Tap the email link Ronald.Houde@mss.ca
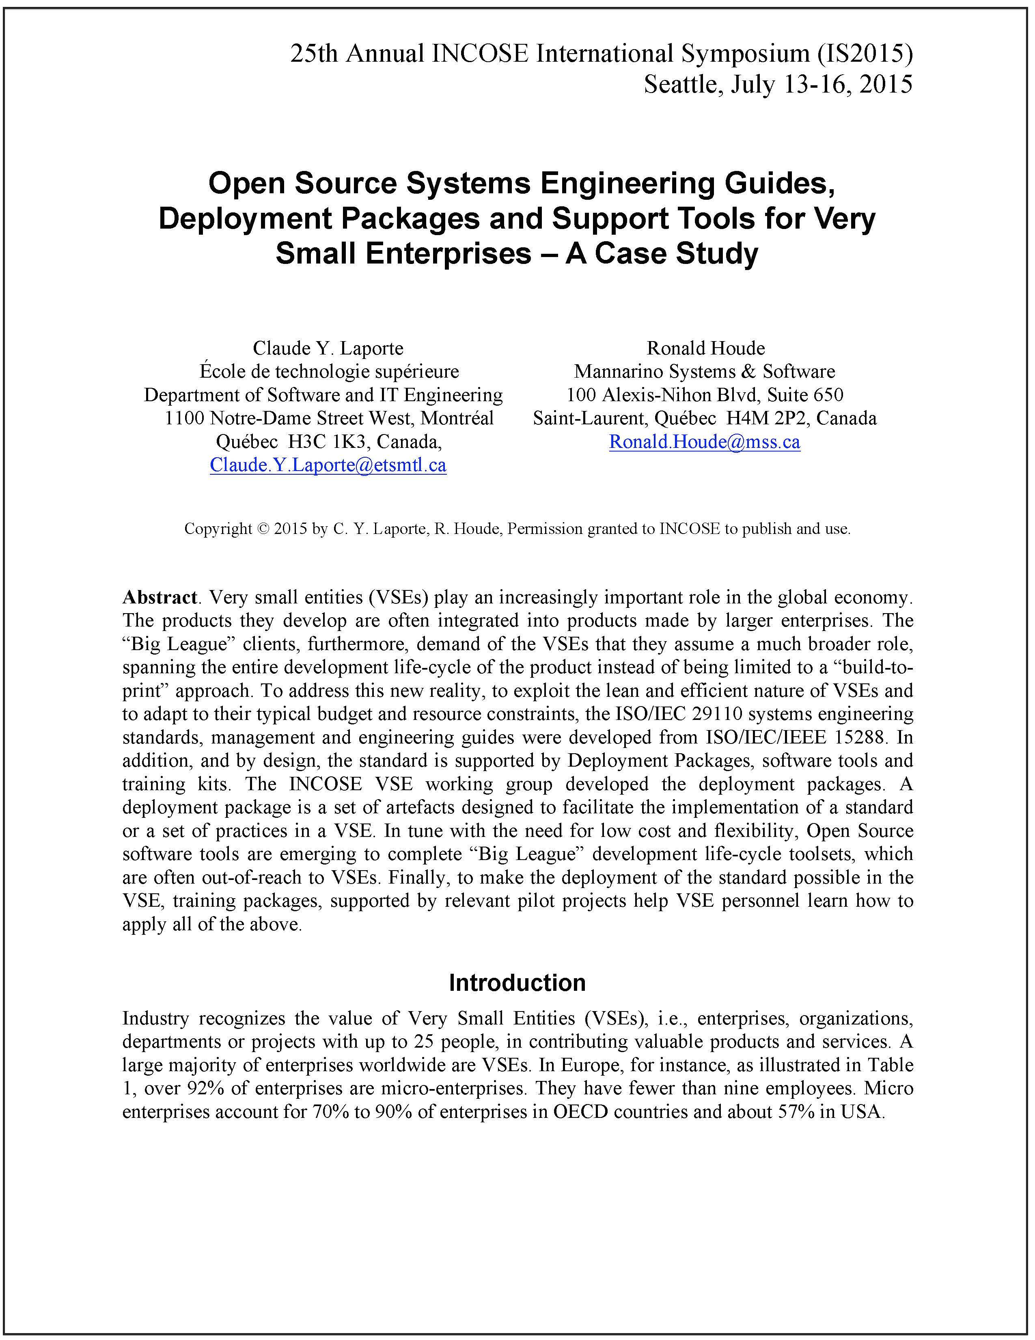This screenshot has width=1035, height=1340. coord(705,442)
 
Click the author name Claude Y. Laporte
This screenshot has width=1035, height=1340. coord(328,348)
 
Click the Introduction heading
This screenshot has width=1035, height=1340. coord(517,982)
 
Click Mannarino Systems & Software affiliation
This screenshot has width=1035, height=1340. coord(705,372)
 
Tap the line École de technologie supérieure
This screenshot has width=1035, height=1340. coord(329,372)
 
